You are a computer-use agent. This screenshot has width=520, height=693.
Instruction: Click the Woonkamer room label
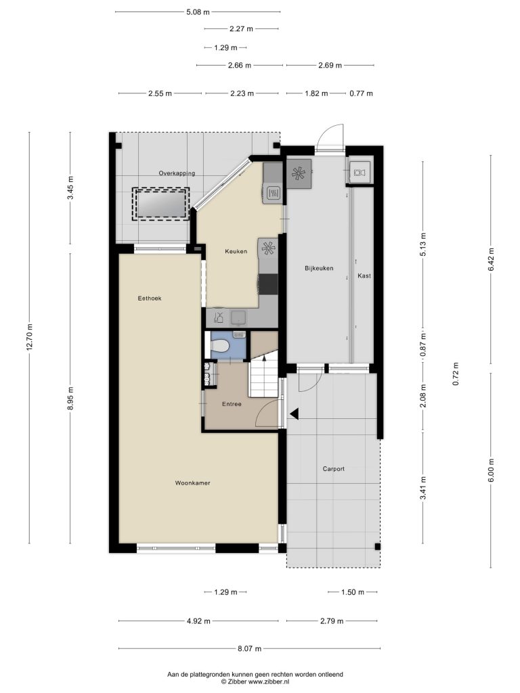(192, 483)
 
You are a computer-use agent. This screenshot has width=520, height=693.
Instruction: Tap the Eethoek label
(150, 298)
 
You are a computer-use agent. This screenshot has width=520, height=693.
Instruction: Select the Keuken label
(236, 252)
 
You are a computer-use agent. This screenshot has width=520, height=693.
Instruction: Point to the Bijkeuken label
(319, 268)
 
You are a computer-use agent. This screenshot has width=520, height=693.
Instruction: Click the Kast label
(364, 276)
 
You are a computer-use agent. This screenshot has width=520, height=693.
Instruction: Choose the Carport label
(333, 469)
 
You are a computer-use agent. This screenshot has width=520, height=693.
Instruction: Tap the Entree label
(232, 404)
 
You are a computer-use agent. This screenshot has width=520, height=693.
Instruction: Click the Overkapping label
(177, 173)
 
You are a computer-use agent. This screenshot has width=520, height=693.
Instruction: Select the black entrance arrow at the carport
(295, 413)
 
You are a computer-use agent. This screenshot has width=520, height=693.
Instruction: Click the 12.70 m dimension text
(30, 337)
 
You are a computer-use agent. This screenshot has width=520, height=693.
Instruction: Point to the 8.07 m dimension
(249, 649)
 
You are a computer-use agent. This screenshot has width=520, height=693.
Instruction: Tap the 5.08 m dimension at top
(198, 12)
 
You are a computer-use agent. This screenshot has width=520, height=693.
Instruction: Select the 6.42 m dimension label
(491, 259)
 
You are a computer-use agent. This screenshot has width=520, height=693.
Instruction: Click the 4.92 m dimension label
(198, 621)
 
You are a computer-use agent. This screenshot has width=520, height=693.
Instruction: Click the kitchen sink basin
(239, 317)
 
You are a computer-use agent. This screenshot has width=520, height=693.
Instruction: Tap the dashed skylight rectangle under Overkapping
(161, 204)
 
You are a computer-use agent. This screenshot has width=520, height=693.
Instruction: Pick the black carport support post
(377, 547)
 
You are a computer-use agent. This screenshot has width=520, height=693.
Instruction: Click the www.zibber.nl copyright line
(255, 681)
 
